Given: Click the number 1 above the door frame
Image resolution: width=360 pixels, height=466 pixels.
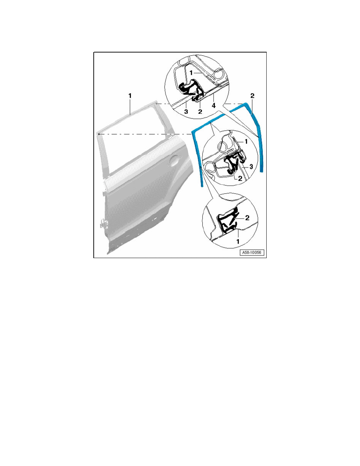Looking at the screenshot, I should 130,95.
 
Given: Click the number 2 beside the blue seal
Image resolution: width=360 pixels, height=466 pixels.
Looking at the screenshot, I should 253,95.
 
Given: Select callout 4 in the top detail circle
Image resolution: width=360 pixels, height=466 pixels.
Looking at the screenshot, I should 214,106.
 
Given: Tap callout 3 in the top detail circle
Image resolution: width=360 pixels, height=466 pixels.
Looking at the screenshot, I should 186,111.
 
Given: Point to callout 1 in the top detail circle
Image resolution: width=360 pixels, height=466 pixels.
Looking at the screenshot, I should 191,73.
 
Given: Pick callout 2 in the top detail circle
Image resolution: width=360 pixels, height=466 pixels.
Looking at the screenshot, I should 200,111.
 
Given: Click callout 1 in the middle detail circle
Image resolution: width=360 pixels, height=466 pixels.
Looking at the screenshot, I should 246,141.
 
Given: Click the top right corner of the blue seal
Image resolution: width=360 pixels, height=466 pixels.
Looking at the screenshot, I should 246,104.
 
